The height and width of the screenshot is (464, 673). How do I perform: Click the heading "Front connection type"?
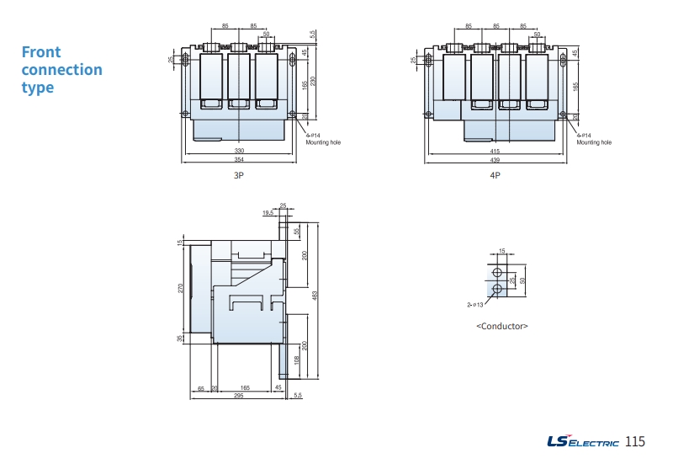61,69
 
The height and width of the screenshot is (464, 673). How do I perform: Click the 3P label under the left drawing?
239,175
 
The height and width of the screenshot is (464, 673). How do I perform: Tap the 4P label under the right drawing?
495,175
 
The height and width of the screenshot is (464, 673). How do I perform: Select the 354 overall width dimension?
239,159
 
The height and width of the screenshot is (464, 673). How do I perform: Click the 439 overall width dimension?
495,159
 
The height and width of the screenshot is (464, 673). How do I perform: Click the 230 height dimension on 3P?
313,80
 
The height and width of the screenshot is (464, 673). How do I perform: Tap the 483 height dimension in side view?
315,296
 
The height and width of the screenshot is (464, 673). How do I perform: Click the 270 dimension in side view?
180,288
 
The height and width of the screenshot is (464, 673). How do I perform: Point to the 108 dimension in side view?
296,359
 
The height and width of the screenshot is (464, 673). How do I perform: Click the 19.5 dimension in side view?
268,213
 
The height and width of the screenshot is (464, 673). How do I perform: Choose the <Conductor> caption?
502,325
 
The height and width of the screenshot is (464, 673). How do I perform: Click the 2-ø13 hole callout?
475,304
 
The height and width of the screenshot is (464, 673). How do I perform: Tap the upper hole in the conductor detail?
497,274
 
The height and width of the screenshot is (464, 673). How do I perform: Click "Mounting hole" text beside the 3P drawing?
323,142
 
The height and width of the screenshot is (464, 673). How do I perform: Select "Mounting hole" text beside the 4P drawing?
594,142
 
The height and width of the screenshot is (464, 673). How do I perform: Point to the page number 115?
635,441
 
